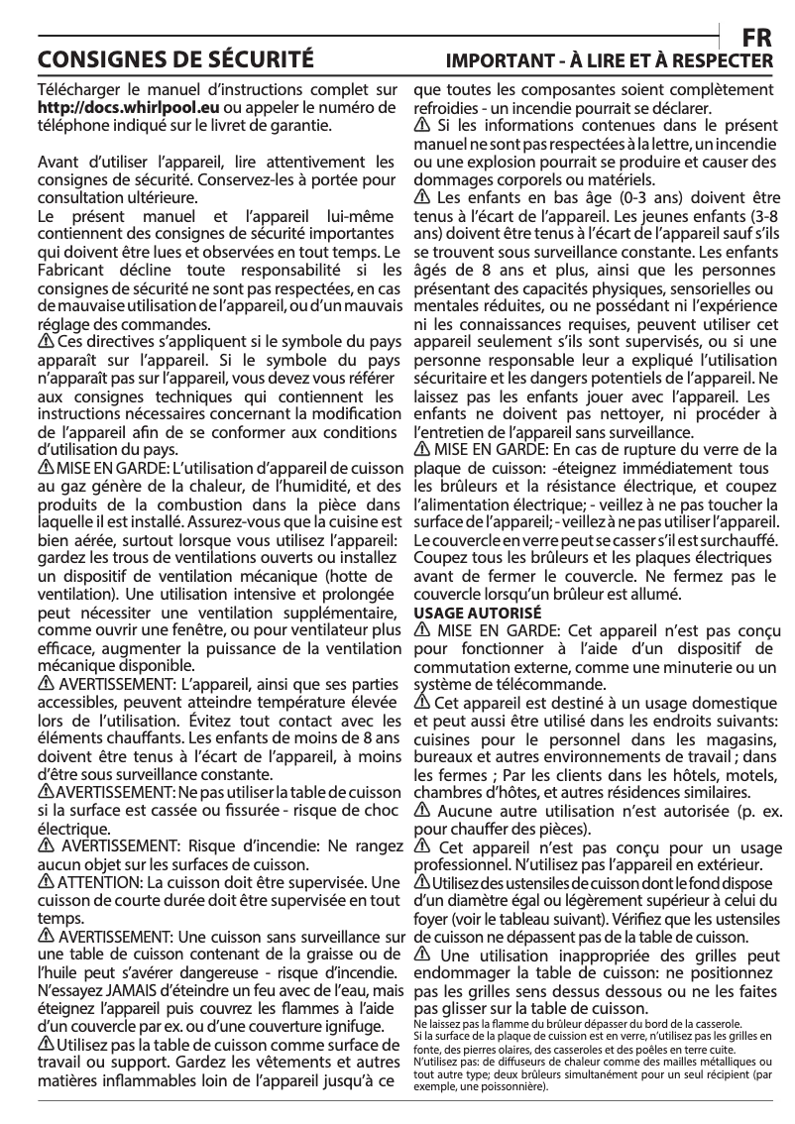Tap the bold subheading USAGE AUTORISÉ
coord(477,613)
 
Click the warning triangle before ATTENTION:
coord(46,882)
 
